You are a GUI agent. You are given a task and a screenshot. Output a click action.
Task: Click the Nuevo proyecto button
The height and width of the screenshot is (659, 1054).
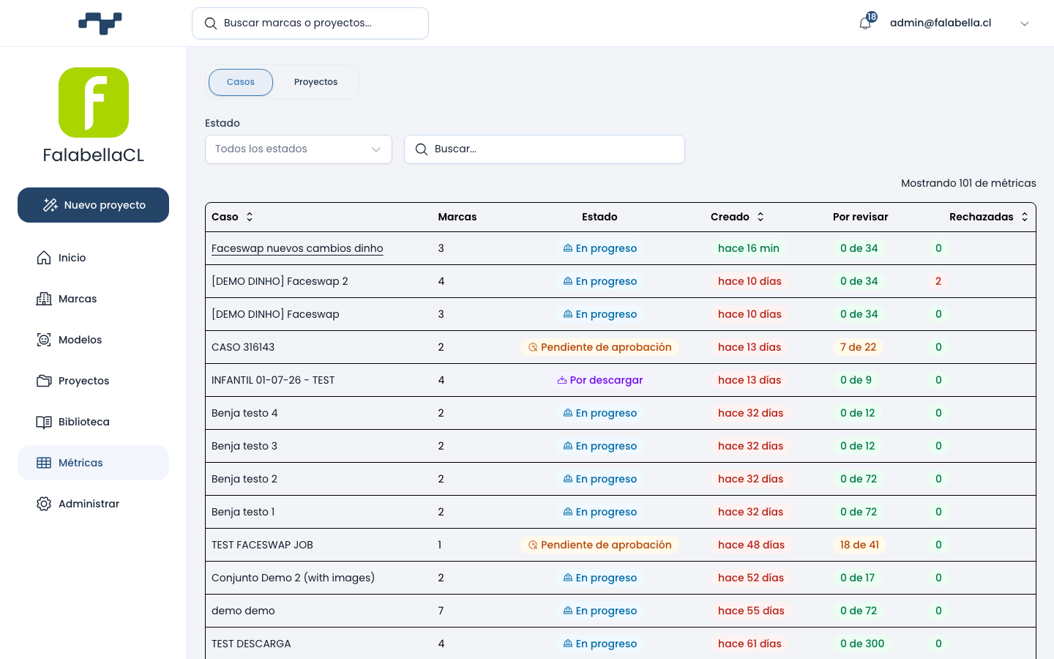click(93, 205)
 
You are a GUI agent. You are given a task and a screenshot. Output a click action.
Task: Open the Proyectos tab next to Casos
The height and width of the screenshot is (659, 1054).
click(315, 82)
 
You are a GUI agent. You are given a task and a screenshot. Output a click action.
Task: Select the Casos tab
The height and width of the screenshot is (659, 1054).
click(240, 82)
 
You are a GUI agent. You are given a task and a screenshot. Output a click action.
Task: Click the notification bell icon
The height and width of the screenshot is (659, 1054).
click(865, 23)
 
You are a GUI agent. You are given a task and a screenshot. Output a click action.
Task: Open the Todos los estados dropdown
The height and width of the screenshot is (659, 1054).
click(299, 149)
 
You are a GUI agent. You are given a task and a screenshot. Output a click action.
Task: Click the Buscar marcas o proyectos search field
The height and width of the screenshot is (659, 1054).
click(310, 23)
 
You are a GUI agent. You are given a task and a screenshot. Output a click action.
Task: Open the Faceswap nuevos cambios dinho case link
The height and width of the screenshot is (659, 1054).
click(297, 248)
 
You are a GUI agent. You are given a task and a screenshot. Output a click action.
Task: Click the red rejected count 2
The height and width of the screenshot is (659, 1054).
click(938, 281)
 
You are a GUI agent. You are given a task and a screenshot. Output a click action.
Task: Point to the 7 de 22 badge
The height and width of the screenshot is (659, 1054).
click(859, 347)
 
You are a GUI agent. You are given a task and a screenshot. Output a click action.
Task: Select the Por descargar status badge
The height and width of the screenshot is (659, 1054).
click(599, 380)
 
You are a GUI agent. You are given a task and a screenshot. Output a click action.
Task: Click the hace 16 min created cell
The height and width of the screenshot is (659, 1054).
click(749, 248)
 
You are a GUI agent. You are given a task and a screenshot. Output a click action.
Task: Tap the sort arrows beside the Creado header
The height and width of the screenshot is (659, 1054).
click(760, 217)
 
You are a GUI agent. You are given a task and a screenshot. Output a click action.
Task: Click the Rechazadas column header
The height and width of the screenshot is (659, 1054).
click(981, 217)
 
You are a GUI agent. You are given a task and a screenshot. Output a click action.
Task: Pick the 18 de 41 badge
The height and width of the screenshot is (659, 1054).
click(859, 545)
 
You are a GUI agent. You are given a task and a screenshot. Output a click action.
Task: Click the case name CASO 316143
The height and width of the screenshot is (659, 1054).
click(243, 347)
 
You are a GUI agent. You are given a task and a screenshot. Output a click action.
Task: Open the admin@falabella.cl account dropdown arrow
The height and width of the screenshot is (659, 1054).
click(1025, 23)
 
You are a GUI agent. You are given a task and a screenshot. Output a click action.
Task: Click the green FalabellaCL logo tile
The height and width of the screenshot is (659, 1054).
click(94, 103)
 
